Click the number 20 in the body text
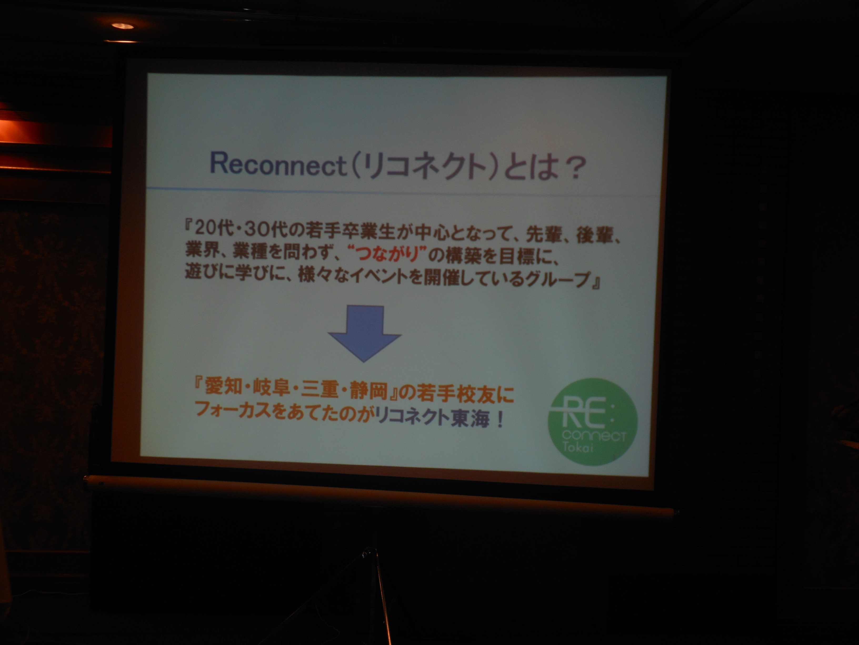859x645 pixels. (x=204, y=231)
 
